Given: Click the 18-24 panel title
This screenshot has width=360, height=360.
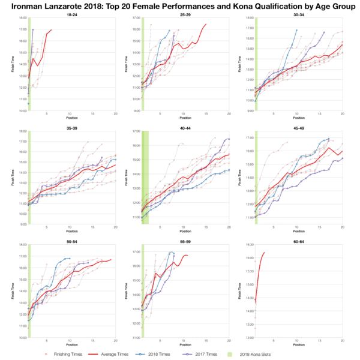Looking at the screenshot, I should pos(71,14).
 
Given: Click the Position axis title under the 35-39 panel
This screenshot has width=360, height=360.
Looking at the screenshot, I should pos(71,232).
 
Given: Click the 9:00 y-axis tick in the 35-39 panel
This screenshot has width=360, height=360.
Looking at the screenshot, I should pos(22,224).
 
